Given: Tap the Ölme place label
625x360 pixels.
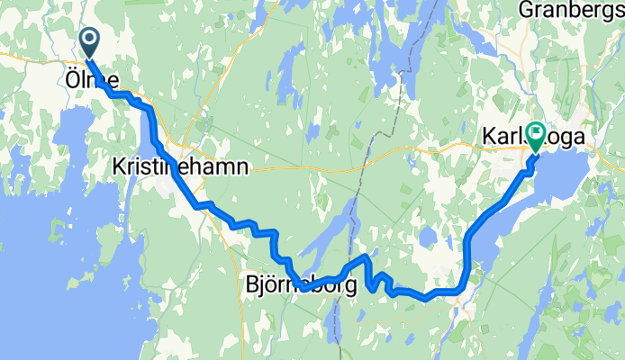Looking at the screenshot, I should (x=92, y=79).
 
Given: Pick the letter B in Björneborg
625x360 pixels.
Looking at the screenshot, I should (x=252, y=285).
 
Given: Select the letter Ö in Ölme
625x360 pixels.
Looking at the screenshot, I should (x=72, y=79).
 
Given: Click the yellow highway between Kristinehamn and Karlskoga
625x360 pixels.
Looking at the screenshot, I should (x=360, y=158).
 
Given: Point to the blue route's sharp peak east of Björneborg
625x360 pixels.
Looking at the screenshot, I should (x=365, y=257).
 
